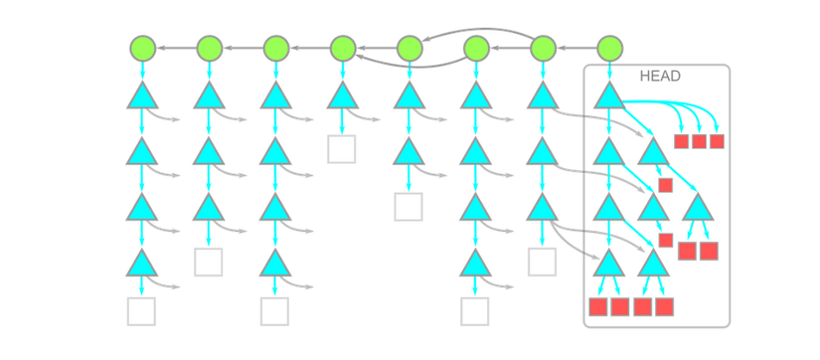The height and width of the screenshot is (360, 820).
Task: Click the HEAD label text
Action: click(x=659, y=76)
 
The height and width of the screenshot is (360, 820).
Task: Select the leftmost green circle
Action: click(x=142, y=48)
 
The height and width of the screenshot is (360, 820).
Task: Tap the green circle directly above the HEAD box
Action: click(x=609, y=48)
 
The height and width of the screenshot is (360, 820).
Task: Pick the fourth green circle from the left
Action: click(x=343, y=48)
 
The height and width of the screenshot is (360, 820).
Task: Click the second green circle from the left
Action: click(x=209, y=48)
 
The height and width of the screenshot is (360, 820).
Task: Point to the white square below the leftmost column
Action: click(x=142, y=311)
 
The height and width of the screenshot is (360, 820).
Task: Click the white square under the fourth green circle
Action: click(x=342, y=149)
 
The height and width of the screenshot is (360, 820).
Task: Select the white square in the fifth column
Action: click(x=409, y=207)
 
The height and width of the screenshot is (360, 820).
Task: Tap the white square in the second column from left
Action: click(x=209, y=263)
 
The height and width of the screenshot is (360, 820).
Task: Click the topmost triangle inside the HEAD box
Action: click(x=608, y=96)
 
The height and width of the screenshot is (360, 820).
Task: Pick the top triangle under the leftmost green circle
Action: click(x=142, y=96)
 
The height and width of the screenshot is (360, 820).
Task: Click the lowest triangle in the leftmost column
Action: click(x=142, y=264)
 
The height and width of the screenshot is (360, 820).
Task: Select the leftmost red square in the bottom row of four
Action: click(x=598, y=307)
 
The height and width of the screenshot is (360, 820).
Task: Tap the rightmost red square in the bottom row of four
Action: click(x=664, y=307)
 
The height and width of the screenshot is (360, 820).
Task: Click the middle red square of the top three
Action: click(x=699, y=141)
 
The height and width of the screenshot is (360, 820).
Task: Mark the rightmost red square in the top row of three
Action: click(x=717, y=141)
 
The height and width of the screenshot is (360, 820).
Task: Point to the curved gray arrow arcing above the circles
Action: click(x=477, y=32)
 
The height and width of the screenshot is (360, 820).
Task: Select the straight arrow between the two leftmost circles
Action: click(x=176, y=48)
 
